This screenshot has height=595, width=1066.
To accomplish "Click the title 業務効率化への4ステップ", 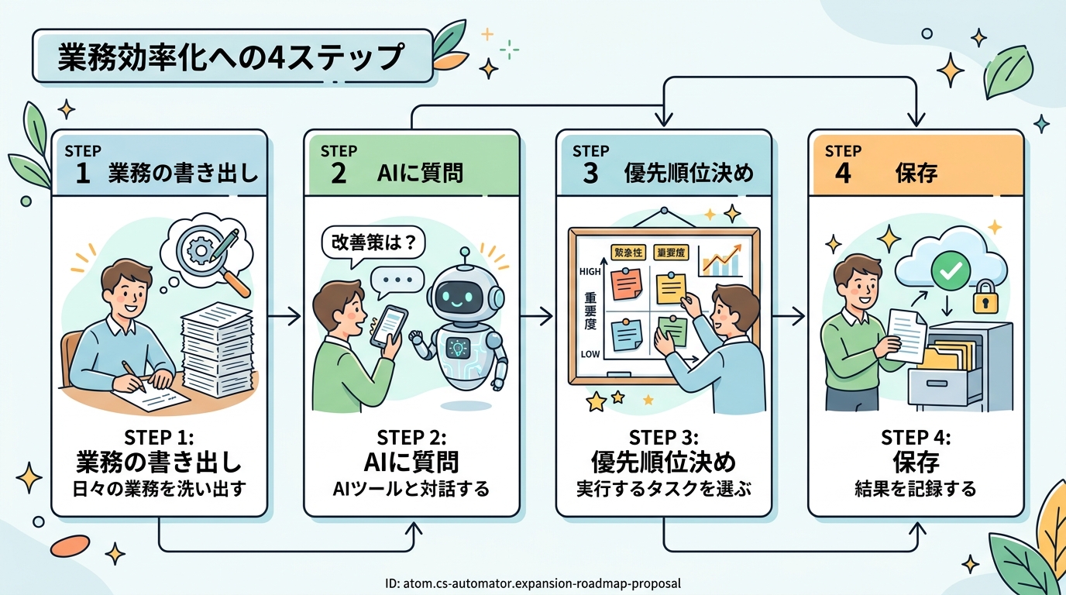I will [x=230, y=58].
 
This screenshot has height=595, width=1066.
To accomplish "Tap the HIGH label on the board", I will [x=590, y=273].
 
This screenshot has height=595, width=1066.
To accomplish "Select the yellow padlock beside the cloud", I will [x=985, y=296].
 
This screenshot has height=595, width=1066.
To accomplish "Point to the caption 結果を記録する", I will [x=915, y=489].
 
